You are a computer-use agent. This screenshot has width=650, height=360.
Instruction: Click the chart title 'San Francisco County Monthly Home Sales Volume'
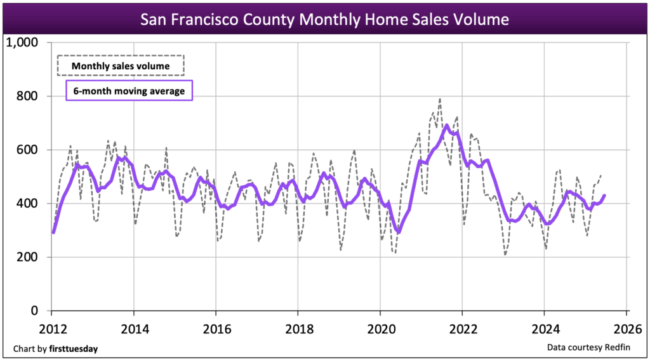[324, 19]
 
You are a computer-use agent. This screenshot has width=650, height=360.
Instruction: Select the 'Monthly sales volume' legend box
[120, 65]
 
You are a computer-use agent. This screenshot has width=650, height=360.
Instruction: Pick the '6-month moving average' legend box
[129, 91]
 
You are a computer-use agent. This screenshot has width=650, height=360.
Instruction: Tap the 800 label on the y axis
[27, 97]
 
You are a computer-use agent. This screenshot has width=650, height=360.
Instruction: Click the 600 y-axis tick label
[27, 150]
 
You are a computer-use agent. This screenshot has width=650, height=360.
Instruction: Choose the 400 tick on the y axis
[27, 204]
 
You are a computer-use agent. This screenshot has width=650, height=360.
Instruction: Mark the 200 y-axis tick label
[27, 257]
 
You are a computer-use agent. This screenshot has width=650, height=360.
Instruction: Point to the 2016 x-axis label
[216, 330]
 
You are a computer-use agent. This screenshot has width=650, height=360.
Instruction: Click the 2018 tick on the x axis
[298, 330]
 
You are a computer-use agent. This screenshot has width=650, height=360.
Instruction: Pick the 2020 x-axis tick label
[380, 330]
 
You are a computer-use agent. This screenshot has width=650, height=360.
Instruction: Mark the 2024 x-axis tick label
[544, 330]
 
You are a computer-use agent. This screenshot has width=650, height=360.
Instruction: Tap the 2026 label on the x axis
[626, 330]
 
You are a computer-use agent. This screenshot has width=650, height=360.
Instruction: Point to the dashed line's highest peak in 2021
[440, 99]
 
